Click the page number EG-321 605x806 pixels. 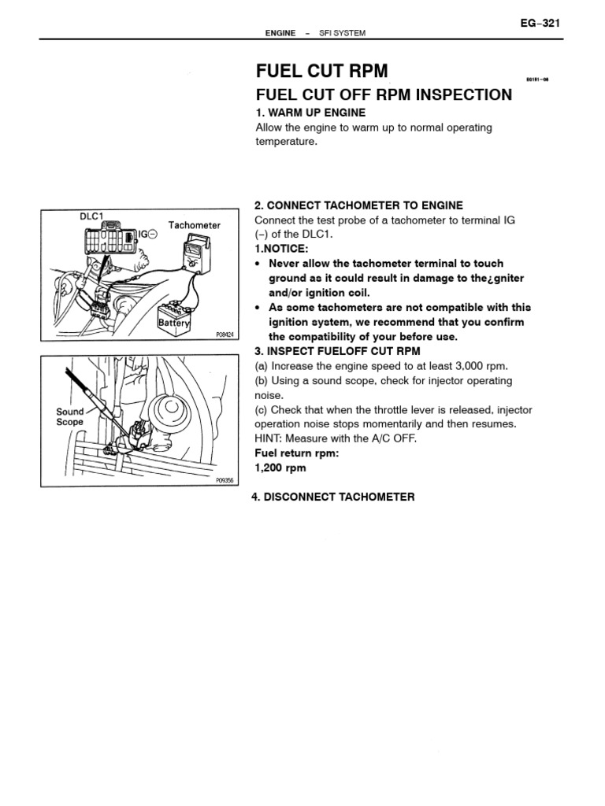click(540, 24)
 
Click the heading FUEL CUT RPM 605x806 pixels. click(322, 71)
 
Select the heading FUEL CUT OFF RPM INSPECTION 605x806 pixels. click(384, 95)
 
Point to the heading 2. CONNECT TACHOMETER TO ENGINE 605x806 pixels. click(359, 205)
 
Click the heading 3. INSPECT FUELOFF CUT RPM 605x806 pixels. click(338, 351)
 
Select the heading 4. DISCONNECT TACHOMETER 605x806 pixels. click(332, 497)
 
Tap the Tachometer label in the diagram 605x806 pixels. click(195, 225)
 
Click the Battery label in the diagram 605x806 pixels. click(175, 323)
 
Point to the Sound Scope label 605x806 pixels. click(69, 416)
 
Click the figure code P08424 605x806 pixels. click(225, 335)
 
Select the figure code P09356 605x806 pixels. click(225, 479)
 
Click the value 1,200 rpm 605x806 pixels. click(280, 468)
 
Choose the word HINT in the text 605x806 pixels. click(269, 438)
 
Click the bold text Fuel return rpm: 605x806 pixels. click(295, 453)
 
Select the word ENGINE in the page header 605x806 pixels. click(280, 33)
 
